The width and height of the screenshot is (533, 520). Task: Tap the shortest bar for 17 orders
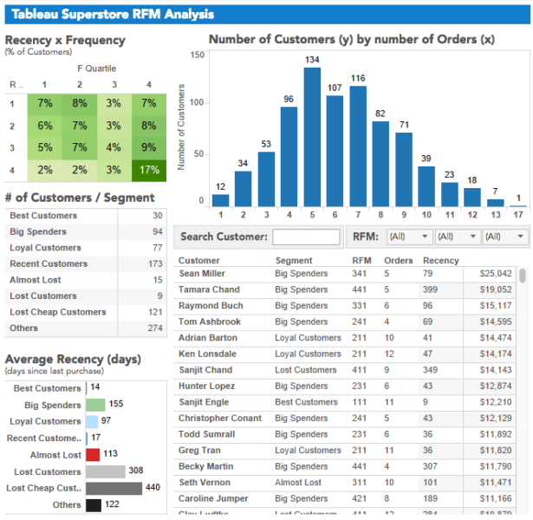tap(517, 205)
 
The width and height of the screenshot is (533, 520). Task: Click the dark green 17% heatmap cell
tap(148, 170)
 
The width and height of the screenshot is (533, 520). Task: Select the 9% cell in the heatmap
tap(148, 147)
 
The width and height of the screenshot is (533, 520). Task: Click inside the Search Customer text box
tap(306, 237)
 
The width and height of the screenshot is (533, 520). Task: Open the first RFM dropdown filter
tap(413, 237)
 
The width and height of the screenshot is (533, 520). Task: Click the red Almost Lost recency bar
tap(93, 455)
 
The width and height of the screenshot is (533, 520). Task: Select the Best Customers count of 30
tap(157, 216)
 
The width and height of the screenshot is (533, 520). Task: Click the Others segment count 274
tap(155, 328)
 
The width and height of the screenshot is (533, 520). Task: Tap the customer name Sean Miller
tap(202, 274)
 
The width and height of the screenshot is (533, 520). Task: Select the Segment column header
tap(294, 260)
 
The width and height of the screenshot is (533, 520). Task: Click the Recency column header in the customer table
tap(440, 260)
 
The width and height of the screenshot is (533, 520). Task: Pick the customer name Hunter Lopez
tap(205, 387)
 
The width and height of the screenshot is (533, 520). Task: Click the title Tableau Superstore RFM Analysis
tap(105, 15)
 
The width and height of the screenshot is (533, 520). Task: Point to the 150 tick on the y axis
tap(197, 55)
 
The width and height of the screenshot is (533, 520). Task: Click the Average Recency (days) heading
tap(73, 360)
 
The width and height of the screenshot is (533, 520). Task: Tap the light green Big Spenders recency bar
tap(95, 405)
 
